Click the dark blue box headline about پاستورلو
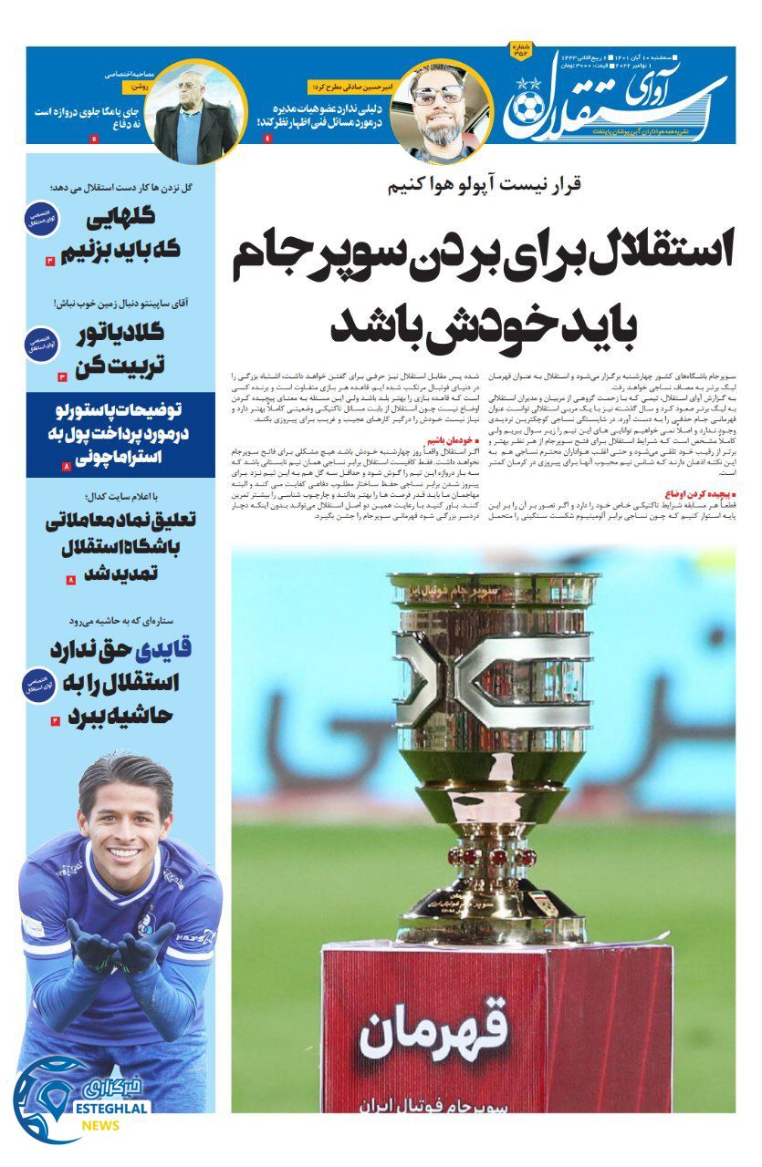pos(120,434)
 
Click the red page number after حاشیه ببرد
pos(56,720)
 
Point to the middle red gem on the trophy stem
pos(498,856)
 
